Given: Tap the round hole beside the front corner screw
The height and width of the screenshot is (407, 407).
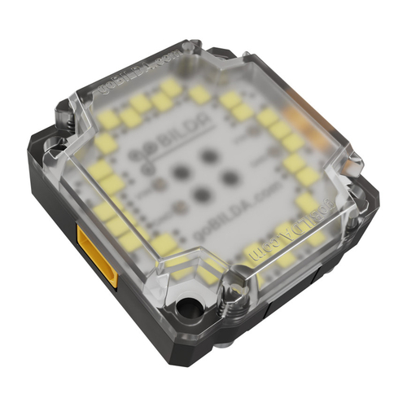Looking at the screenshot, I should click(x=190, y=308).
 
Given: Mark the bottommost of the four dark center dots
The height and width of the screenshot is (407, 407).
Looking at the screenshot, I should click(x=200, y=195).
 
